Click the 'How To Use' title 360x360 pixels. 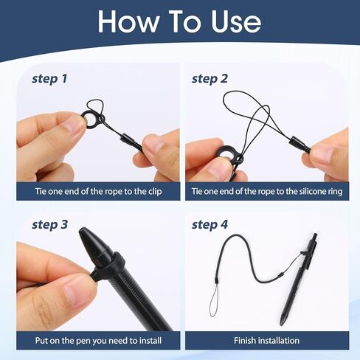pyautogui.click(x=179, y=21)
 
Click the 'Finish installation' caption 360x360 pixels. pyautogui.click(x=266, y=340)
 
